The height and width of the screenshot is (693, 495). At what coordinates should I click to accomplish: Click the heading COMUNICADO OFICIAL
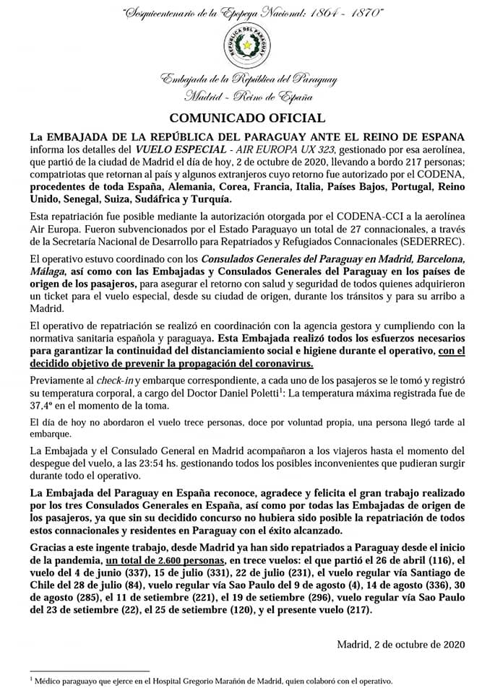pos(247,118)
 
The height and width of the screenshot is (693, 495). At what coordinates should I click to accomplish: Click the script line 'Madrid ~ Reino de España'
pos(247,95)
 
